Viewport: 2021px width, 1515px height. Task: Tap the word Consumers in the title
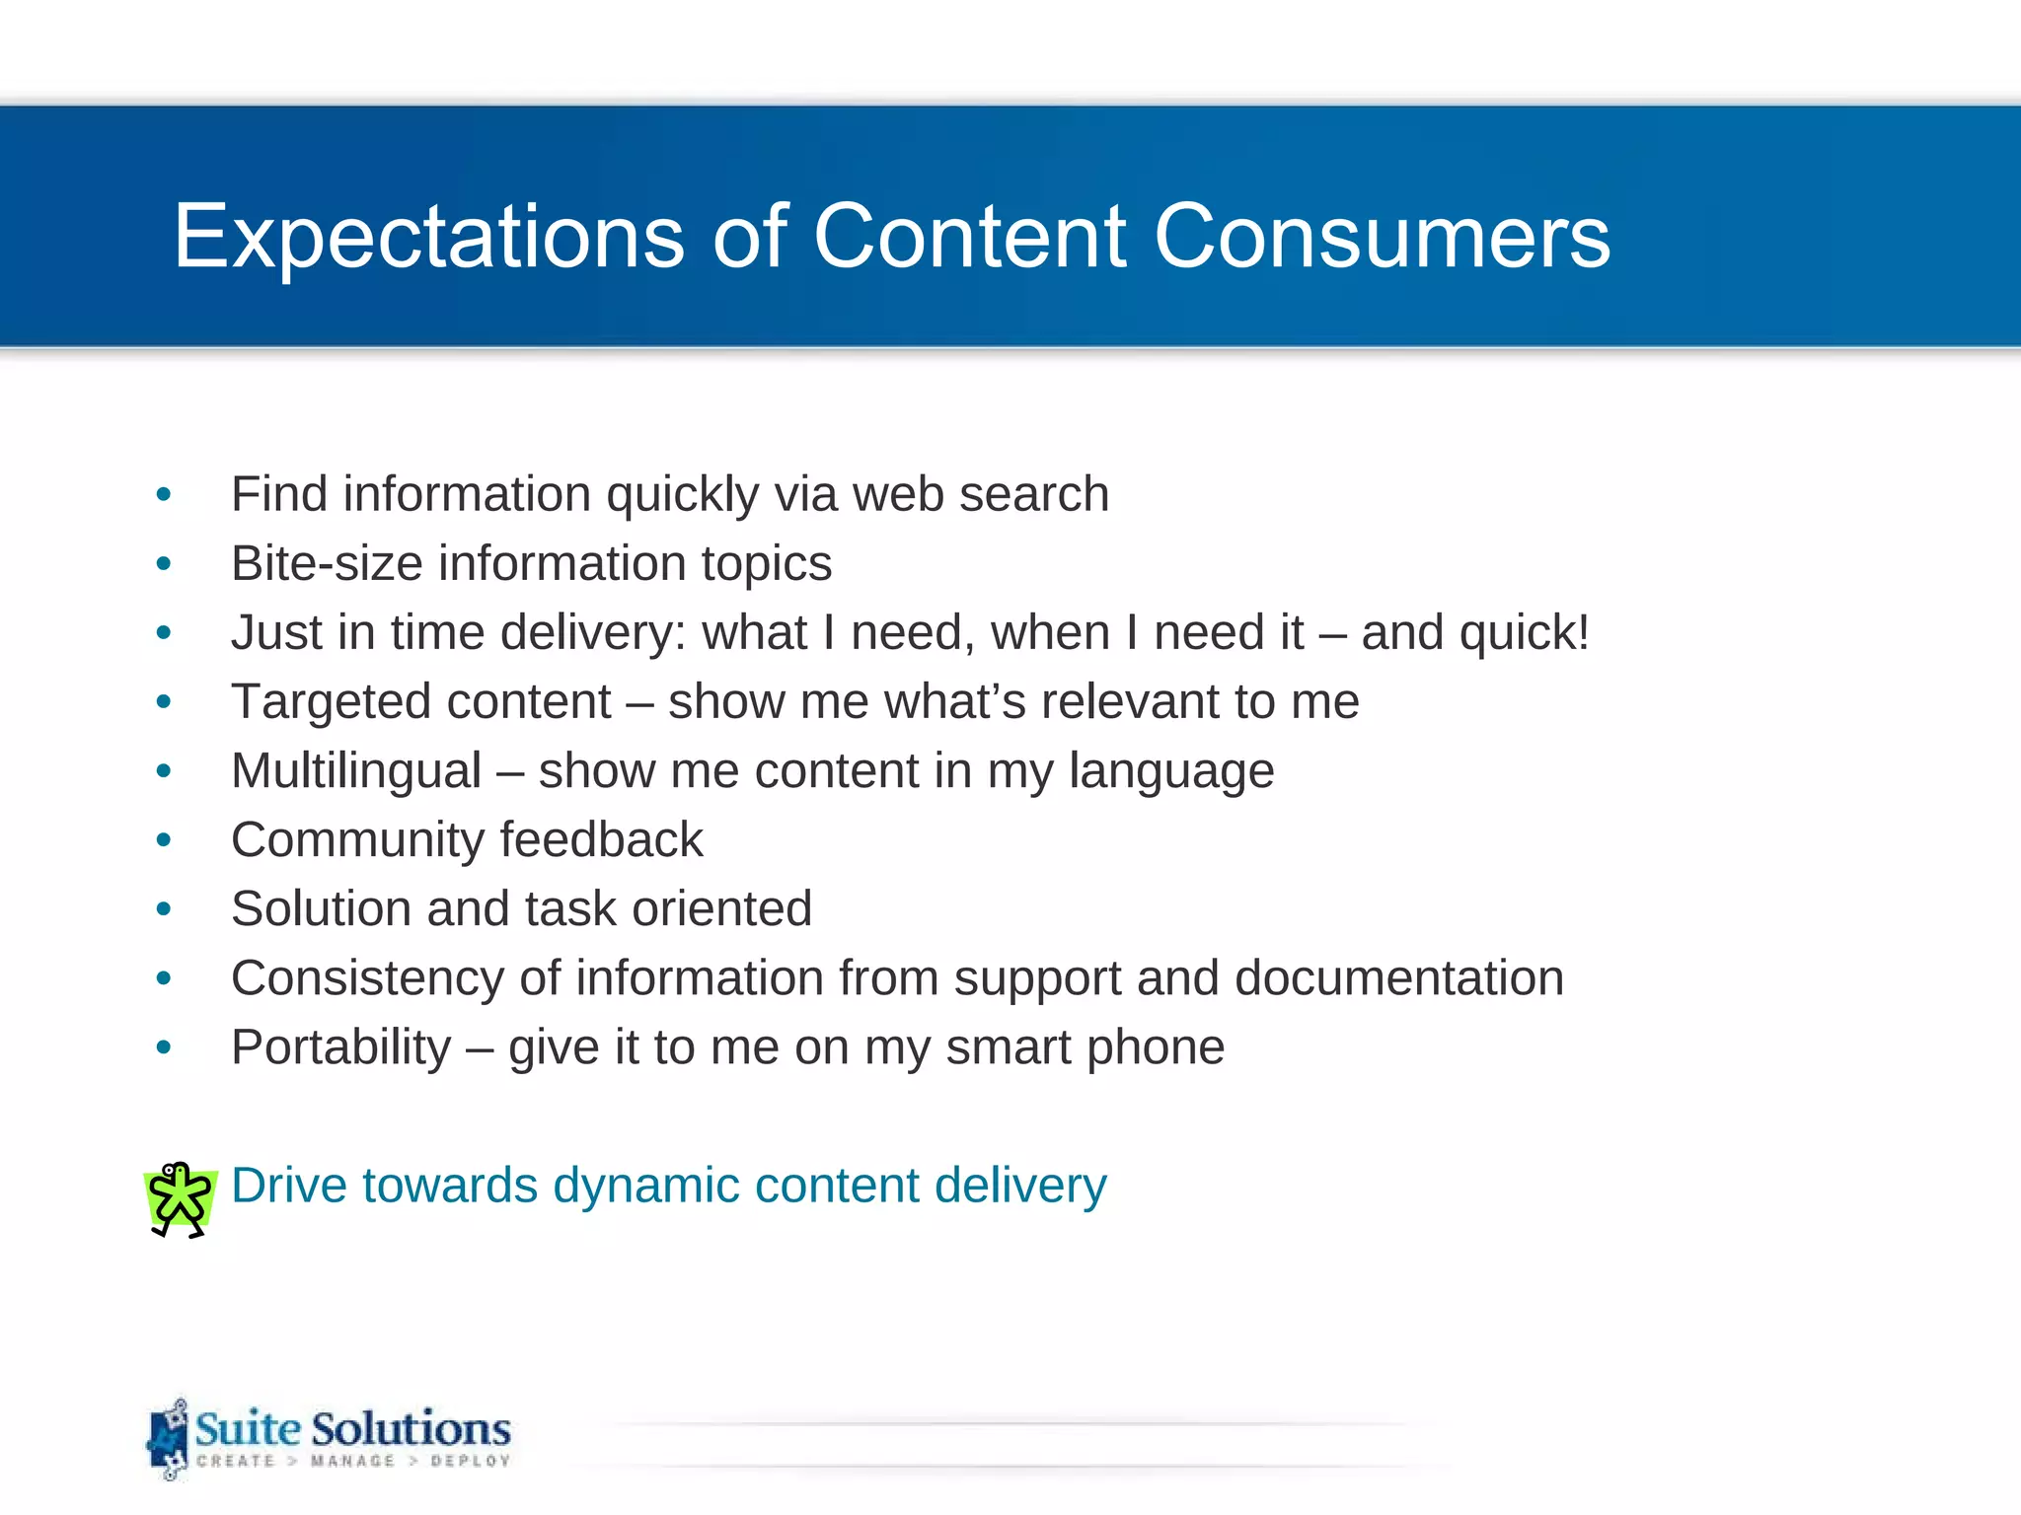[1382, 237]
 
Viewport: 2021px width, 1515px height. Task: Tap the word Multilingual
[355, 771]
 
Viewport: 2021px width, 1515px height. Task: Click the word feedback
[602, 840]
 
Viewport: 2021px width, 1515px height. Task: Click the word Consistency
[367, 978]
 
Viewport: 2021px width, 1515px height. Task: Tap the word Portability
[340, 1047]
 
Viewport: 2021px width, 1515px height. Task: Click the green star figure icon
[180, 1198]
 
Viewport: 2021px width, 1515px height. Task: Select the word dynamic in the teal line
[644, 1186]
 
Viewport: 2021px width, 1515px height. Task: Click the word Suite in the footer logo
[248, 1428]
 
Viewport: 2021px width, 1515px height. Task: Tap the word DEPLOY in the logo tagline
[470, 1461]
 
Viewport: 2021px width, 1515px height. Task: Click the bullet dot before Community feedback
[164, 840]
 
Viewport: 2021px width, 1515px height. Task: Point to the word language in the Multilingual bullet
[1171, 771]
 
